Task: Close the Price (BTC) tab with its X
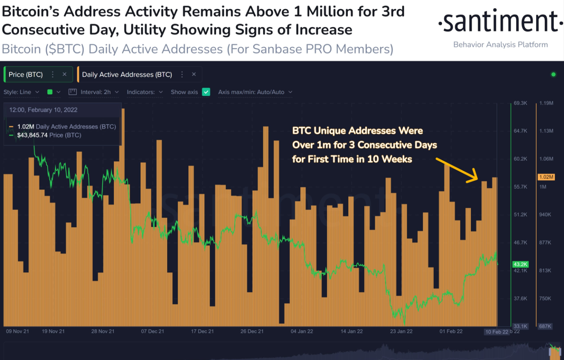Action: point(65,74)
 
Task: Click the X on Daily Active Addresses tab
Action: point(194,74)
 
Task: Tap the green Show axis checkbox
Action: point(206,92)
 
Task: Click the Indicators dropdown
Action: point(145,92)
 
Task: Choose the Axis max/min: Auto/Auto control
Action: point(255,92)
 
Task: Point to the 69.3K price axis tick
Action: point(520,103)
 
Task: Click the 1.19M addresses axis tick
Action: point(546,103)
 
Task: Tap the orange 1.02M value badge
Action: point(546,177)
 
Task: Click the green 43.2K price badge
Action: point(520,264)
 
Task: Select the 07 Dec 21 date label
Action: point(153,331)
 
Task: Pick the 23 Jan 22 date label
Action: point(401,331)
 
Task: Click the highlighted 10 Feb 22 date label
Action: point(496,332)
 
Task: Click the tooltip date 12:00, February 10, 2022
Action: point(43,110)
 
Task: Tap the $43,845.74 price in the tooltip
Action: point(32,135)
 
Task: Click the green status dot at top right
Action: point(553,74)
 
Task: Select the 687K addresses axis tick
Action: point(546,326)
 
